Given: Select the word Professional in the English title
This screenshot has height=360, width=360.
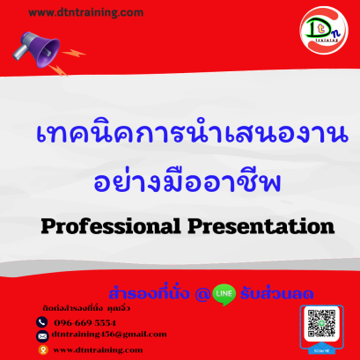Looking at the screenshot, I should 96,226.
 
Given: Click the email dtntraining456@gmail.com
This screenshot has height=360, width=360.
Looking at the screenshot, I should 108,334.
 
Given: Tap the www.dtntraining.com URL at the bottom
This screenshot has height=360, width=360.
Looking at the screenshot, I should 98,349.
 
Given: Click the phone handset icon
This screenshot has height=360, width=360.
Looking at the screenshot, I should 41,322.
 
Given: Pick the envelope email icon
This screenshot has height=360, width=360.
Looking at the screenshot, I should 41,334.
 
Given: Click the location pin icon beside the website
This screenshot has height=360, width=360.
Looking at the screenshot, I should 41,349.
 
